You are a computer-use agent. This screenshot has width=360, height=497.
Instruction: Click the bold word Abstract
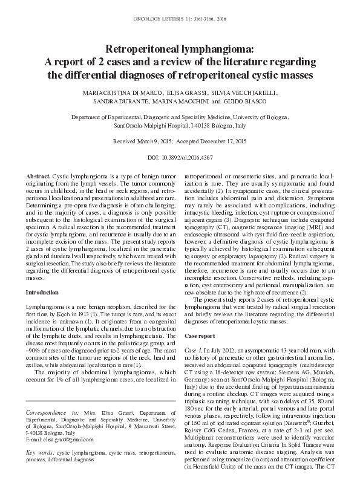pyautogui.click(x=39, y=175)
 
